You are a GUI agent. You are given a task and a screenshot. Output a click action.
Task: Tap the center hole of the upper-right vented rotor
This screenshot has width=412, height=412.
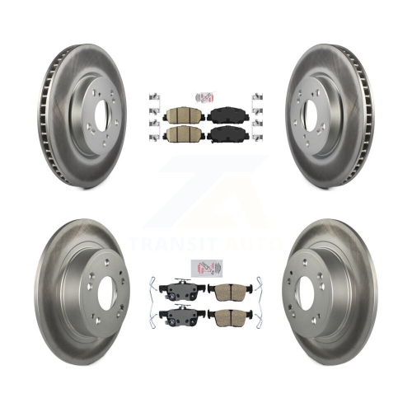[x=310, y=114]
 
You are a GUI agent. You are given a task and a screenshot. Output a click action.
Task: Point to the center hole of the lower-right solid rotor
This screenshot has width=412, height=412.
[x=305, y=293]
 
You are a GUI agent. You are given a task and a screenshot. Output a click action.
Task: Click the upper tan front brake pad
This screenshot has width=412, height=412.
[x=184, y=115]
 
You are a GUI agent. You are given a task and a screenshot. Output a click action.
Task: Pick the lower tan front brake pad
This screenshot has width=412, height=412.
[x=184, y=133]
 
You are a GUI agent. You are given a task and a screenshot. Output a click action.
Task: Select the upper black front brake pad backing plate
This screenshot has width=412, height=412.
[x=228, y=115]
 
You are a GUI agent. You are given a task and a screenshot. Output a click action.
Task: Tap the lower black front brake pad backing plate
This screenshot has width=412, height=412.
[x=228, y=134]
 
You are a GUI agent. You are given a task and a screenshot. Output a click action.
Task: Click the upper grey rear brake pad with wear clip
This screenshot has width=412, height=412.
[x=182, y=289]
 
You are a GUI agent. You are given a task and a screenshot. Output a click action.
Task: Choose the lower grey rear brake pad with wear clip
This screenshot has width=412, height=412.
[x=182, y=316]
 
